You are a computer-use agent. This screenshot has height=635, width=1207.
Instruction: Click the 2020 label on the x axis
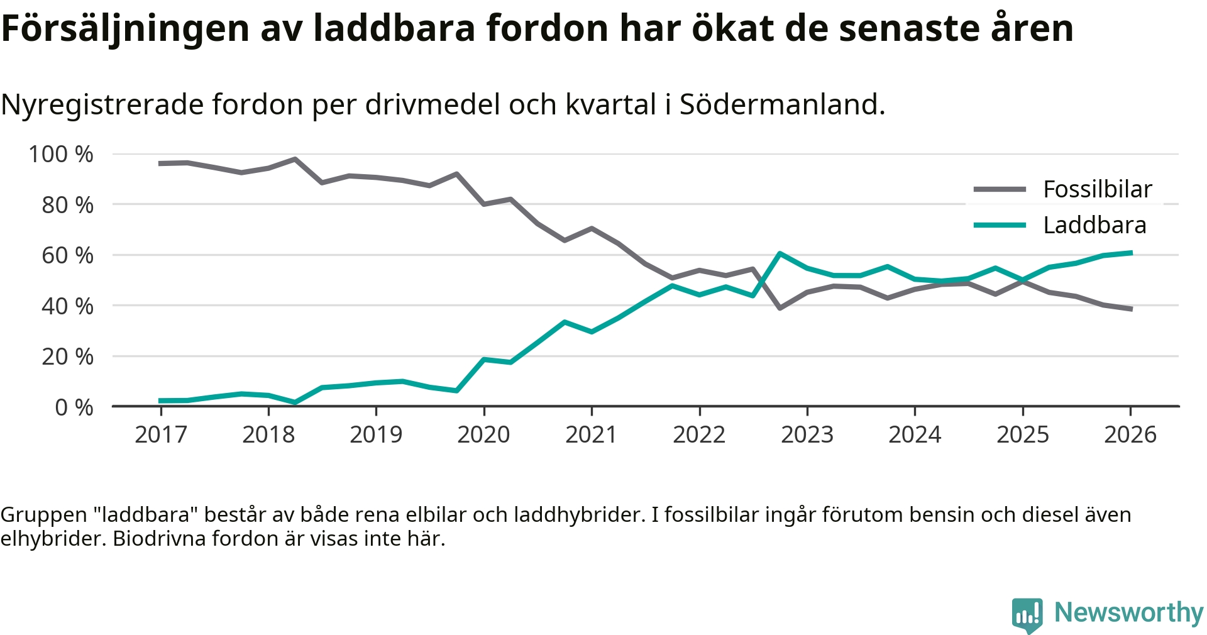pos(483,434)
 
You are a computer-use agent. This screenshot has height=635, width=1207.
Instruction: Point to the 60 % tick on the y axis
pos(67,255)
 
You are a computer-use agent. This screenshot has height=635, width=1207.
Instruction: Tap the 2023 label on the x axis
pos(807,434)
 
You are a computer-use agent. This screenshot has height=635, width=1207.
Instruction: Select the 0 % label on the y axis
pos(74,407)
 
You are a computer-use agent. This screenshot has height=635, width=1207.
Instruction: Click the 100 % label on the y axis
pos(61,154)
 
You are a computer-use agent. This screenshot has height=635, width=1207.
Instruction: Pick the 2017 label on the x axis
pos(161,434)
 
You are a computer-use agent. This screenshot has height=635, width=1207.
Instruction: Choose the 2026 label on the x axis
pos(1130,434)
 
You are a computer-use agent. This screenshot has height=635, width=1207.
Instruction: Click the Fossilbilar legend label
pos(1097,189)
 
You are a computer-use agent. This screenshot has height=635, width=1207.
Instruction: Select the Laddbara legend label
pos(1094,225)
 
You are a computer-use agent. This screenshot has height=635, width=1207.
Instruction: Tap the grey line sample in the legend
pos(1000,189)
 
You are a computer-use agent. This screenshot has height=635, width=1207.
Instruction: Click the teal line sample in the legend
pos(1000,225)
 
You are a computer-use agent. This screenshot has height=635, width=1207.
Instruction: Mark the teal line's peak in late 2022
pos(780,253)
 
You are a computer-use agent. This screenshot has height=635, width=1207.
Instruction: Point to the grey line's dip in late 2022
pos(780,308)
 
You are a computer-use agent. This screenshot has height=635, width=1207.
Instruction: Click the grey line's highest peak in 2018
pos(295,159)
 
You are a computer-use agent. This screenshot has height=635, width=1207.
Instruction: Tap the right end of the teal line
pos(1131,253)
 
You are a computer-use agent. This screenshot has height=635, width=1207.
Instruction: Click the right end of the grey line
pos(1131,309)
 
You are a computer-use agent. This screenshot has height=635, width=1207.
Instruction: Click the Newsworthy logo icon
pos(1027,614)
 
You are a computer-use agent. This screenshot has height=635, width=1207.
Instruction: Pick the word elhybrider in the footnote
pos(53,539)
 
